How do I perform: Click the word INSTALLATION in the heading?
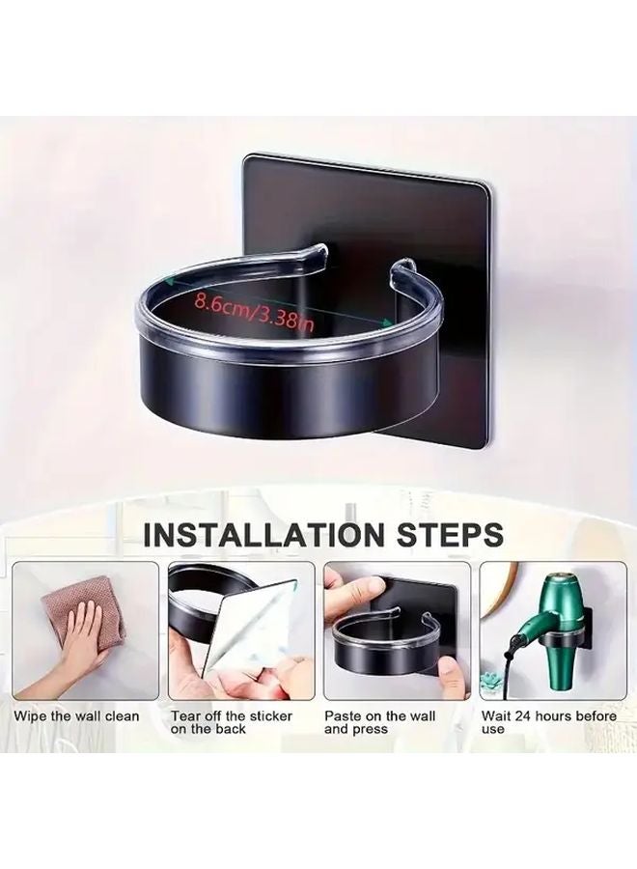(263, 534)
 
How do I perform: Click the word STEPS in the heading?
(448, 534)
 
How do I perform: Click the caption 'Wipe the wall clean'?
(76, 716)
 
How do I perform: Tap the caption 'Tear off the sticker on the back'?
(232, 722)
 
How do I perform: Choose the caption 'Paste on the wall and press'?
(380, 722)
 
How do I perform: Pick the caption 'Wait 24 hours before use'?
(548, 722)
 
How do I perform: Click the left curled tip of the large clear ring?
(320, 250)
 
